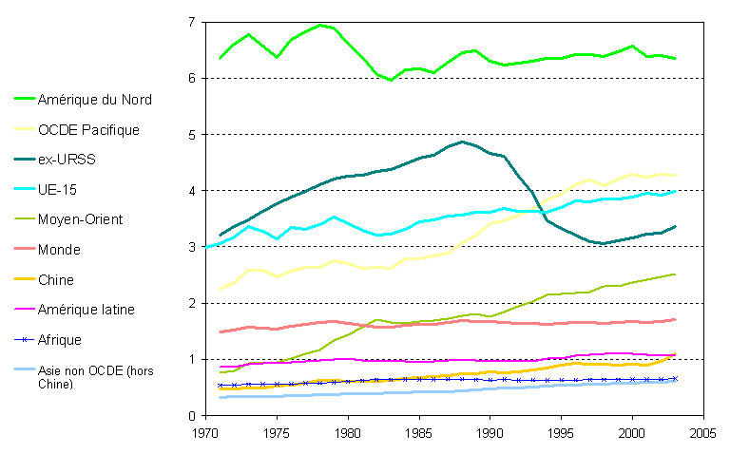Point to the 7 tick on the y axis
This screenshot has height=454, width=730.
(192, 22)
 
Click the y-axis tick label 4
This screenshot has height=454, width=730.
(192, 191)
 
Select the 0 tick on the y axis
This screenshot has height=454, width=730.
(192, 416)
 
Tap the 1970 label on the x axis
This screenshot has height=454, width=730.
(205, 433)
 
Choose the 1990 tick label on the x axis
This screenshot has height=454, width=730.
(490, 433)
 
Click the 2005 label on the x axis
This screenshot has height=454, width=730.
(702, 433)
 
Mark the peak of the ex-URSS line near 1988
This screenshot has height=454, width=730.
(462, 142)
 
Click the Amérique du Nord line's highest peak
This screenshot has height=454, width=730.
(320, 25)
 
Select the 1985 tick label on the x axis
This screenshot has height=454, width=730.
(418, 433)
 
